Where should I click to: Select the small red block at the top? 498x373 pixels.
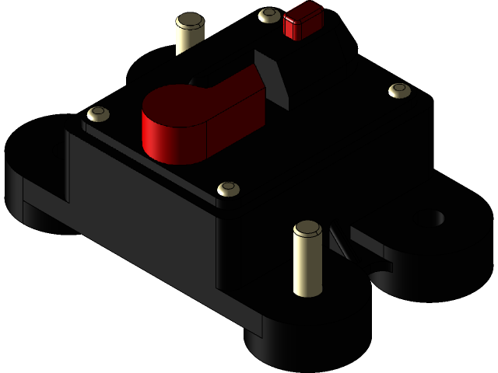303,20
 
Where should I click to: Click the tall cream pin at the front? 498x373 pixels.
307,264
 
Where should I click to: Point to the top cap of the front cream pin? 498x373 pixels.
307,229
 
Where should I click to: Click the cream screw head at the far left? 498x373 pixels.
98,114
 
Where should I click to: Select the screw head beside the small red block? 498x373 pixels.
268,15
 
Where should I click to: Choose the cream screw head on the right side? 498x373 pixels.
400,90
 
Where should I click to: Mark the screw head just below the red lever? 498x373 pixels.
228,189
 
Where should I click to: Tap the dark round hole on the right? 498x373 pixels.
438,218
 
